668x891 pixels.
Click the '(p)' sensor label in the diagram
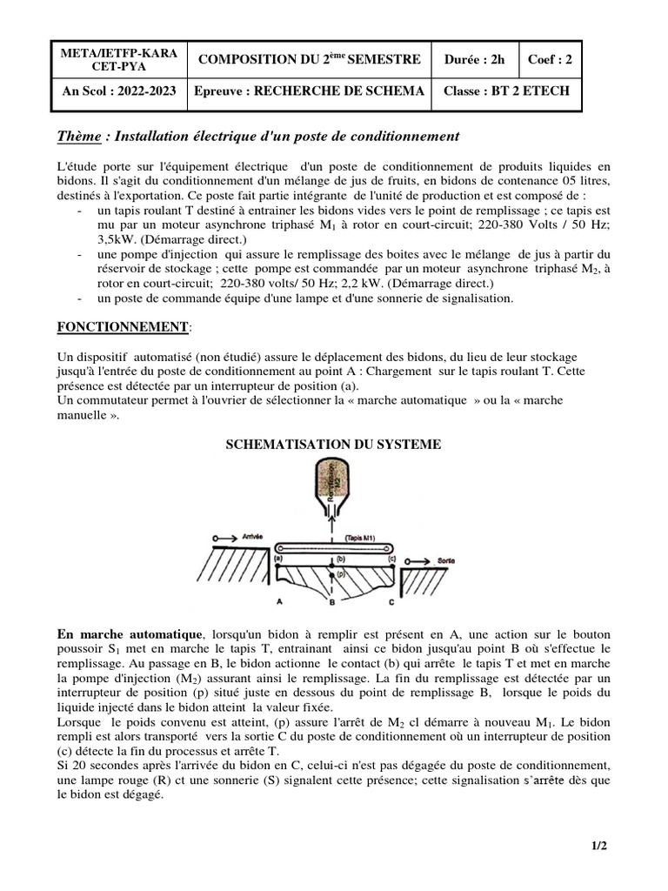341,575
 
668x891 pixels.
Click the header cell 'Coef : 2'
551,59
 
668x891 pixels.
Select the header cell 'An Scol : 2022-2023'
117,91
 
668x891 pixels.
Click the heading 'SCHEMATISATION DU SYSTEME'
333,445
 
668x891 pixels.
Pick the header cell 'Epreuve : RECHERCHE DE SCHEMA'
310,91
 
